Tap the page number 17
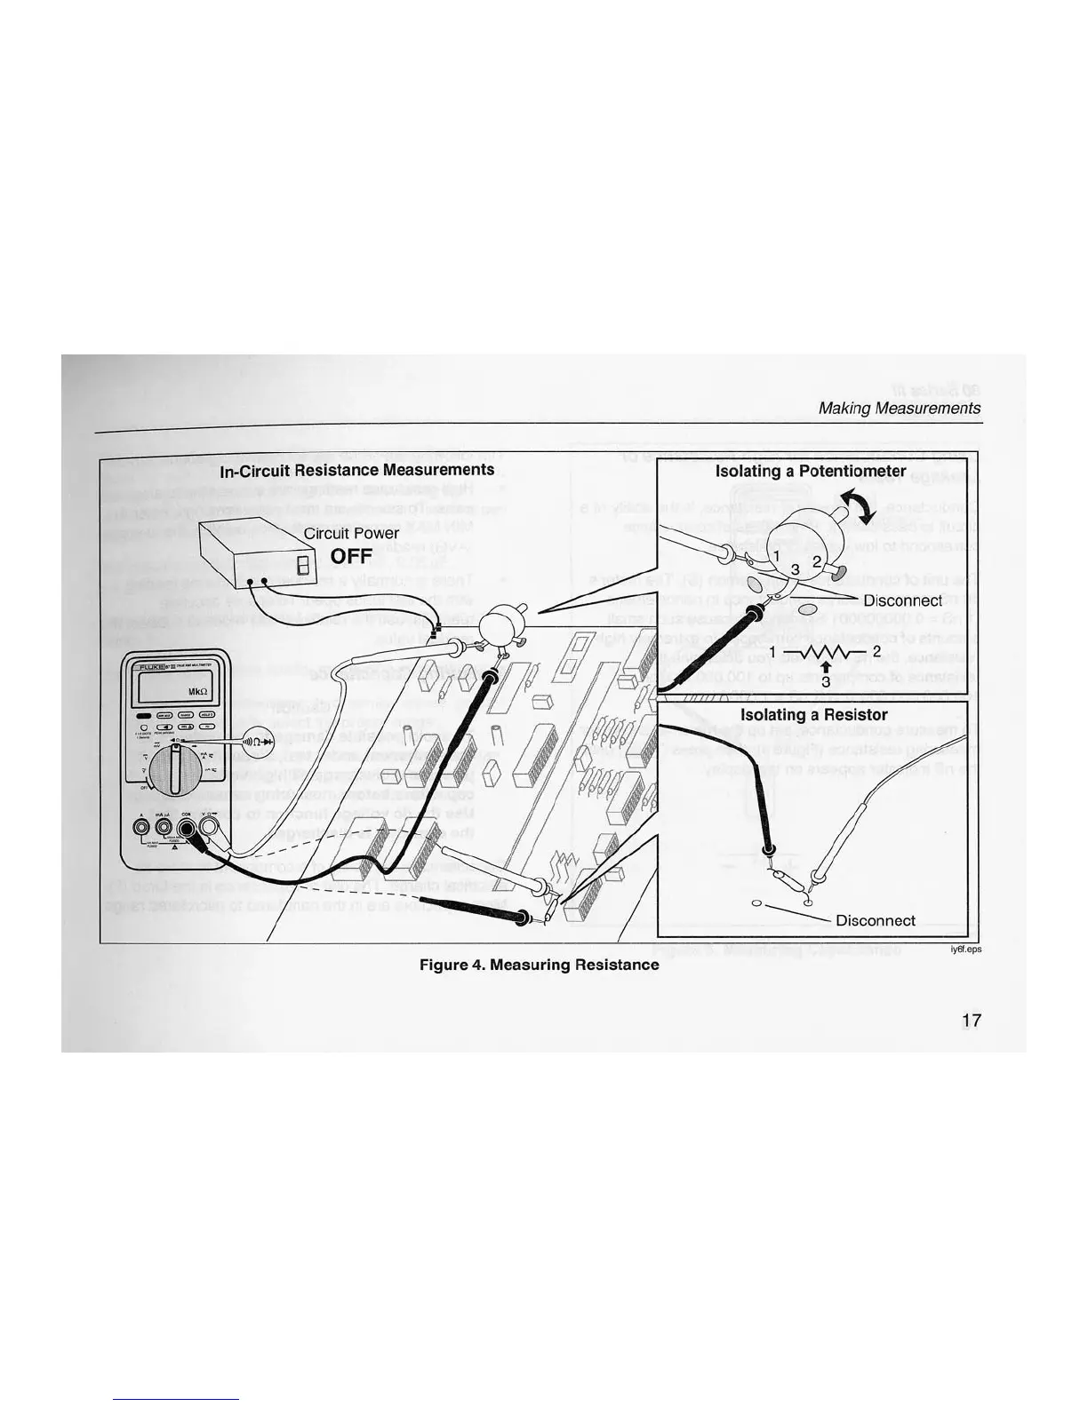[972, 1021]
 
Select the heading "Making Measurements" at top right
[900, 408]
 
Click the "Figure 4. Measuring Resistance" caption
[539, 965]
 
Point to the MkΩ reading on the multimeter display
[196, 693]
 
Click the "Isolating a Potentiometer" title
[811, 472]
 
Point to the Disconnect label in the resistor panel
[876, 920]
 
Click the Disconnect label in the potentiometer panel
[902, 600]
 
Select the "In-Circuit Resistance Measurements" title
[356, 469]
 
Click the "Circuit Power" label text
[351, 534]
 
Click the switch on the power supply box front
[302, 565]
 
